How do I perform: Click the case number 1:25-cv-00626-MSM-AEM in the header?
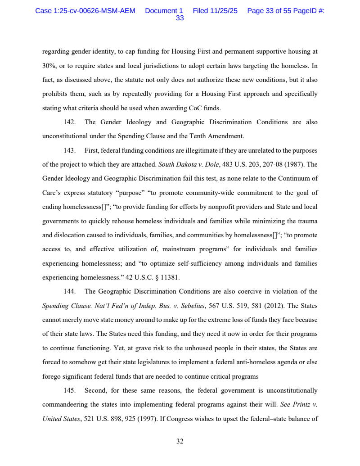[85, 11]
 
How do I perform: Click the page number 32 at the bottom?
[180, 441]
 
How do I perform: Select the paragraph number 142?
[69, 122]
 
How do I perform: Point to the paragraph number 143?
[69, 150]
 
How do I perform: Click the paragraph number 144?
[69, 291]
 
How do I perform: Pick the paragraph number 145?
[69, 390]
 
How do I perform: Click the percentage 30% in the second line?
[49, 66]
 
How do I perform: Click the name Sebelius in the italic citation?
[191, 306]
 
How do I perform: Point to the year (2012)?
[273, 306]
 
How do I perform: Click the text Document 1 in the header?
[164, 11]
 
